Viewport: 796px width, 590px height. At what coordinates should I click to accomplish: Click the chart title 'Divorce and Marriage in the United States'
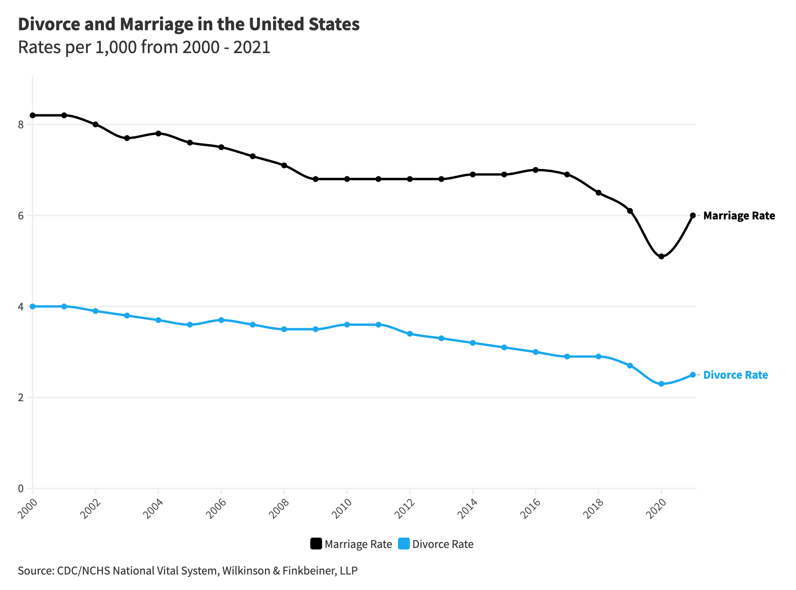coord(189,24)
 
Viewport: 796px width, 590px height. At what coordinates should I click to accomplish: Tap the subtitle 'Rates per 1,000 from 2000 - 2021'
coord(144,48)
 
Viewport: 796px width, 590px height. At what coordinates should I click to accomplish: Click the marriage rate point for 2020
coord(661,256)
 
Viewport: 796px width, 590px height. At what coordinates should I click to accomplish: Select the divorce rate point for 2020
coord(661,384)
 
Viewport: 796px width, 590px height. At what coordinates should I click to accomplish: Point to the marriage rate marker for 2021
coord(693,215)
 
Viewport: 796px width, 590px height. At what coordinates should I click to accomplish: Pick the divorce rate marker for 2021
coord(693,375)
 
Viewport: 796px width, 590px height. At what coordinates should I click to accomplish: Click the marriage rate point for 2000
coord(33,115)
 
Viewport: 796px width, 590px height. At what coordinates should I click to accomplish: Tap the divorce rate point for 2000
coord(33,306)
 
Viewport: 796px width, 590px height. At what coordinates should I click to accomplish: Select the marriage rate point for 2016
coord(536,170)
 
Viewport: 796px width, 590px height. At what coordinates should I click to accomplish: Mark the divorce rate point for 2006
coord(221,320)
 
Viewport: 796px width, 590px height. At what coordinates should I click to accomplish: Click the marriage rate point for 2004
coord(158,133)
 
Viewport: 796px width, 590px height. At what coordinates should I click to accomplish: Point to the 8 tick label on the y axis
coord(21,125)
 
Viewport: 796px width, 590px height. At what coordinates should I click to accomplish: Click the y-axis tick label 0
coord(21,489)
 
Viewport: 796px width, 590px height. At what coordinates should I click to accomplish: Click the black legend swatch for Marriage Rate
coord(316,544)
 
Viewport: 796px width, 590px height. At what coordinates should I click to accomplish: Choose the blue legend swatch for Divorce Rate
coord(404,544)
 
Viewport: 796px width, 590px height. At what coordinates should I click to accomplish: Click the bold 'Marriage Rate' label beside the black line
coord(739,216)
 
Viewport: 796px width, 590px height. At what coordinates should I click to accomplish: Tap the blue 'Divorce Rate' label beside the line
coord(736,375)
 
